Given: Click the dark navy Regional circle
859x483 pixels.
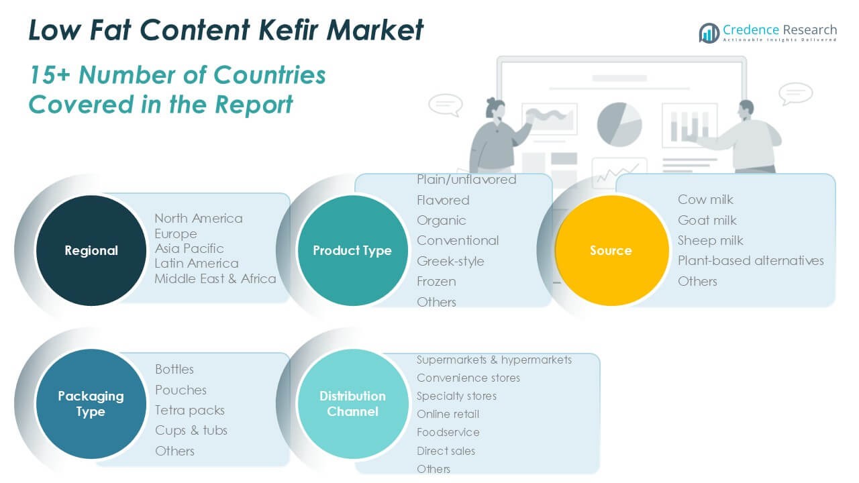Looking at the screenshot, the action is point(91,250).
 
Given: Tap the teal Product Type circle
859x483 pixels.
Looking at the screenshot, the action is point(353,250).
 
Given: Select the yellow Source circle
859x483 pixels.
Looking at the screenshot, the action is point(611,250).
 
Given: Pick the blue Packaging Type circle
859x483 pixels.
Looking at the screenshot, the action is point(91,404).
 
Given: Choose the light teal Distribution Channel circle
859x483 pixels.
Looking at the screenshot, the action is point(353,404).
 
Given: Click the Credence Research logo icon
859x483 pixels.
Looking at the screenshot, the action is point(709,33).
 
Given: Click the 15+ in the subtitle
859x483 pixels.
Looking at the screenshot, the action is point(49,74).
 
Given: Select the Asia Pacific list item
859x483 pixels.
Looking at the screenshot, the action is point(189,248).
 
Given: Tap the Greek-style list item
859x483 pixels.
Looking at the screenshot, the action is point(450,262).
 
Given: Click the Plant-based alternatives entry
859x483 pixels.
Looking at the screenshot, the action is point(750,261).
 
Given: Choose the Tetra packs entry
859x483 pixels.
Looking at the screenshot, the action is point(190,411).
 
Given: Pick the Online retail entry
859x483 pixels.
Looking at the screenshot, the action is point(448,414).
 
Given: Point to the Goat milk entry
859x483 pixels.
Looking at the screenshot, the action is point(707,221).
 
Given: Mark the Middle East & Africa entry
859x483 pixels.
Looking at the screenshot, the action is point(215,278).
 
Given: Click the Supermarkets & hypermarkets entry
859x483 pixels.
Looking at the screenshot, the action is point(494,360).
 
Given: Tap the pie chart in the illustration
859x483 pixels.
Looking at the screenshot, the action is point(619,124).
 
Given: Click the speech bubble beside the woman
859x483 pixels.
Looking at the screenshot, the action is point(445,104).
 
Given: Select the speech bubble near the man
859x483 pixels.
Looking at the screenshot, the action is point(795,93).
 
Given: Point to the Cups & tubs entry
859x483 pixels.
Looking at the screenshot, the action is point(191,431).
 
